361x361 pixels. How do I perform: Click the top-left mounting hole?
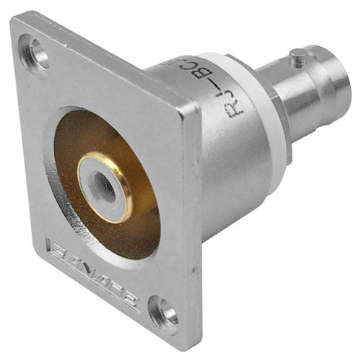coord(35,52)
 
